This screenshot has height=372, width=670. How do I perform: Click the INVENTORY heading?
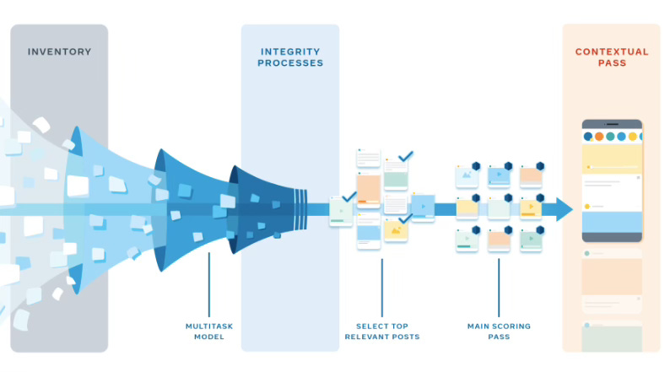(x=58, y=51)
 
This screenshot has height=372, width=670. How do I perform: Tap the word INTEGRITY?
(x=289, y=51)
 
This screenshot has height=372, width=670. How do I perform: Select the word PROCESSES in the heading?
(x=289, y=63)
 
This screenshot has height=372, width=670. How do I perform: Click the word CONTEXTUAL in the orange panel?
(x=612, y=51)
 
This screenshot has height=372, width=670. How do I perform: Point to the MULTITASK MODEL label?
(x=208, y=331)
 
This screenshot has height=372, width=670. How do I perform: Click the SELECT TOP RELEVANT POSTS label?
(x=381, y=331)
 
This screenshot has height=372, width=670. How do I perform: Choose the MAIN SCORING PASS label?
(x=498, y=331)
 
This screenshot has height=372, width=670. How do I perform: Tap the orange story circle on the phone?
(x=599, y=136)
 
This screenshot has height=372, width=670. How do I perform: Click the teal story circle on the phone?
(x=610, y=136)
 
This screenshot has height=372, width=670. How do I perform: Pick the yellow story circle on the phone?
(x=632, y=136)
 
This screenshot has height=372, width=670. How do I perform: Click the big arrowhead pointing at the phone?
(x=563, y=209)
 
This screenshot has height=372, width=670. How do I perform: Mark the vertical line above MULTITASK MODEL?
(x=208, y=283)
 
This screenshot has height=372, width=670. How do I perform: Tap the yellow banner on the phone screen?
(x=612, y=156)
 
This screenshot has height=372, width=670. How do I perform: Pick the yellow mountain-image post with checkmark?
(x=395, y=229)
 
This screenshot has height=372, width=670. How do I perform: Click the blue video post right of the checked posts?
(x=423, y=206)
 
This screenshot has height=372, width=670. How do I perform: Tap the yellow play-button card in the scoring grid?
(x=530, y=208)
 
